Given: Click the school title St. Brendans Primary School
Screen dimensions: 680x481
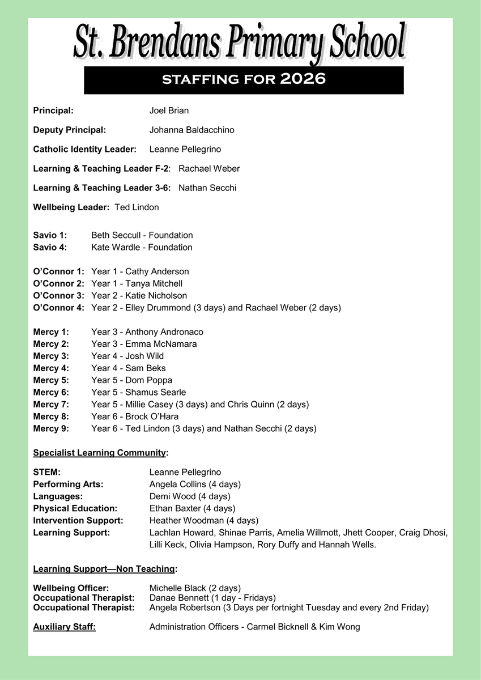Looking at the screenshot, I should click(x=240, y=42).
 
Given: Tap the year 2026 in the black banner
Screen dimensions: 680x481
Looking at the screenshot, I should click(x=303, y=79).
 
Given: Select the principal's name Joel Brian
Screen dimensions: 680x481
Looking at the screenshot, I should click(x=169, y=110).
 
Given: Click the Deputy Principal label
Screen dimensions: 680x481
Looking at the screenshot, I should click(x=70, y=130).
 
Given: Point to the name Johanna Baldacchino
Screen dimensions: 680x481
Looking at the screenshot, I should click(x=191, y=130).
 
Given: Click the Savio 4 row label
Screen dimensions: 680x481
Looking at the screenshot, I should click(x=50, y=247).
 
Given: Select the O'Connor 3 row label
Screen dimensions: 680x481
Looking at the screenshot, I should click(x=59, y=295).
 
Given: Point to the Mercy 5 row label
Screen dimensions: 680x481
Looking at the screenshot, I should click(x=51, y=380).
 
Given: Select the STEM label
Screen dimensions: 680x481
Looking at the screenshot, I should click(x=46, y=472).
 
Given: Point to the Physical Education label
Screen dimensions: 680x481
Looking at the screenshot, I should click(x=75, y=508).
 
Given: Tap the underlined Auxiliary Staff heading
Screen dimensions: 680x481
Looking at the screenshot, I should click(x=64, y=627).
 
